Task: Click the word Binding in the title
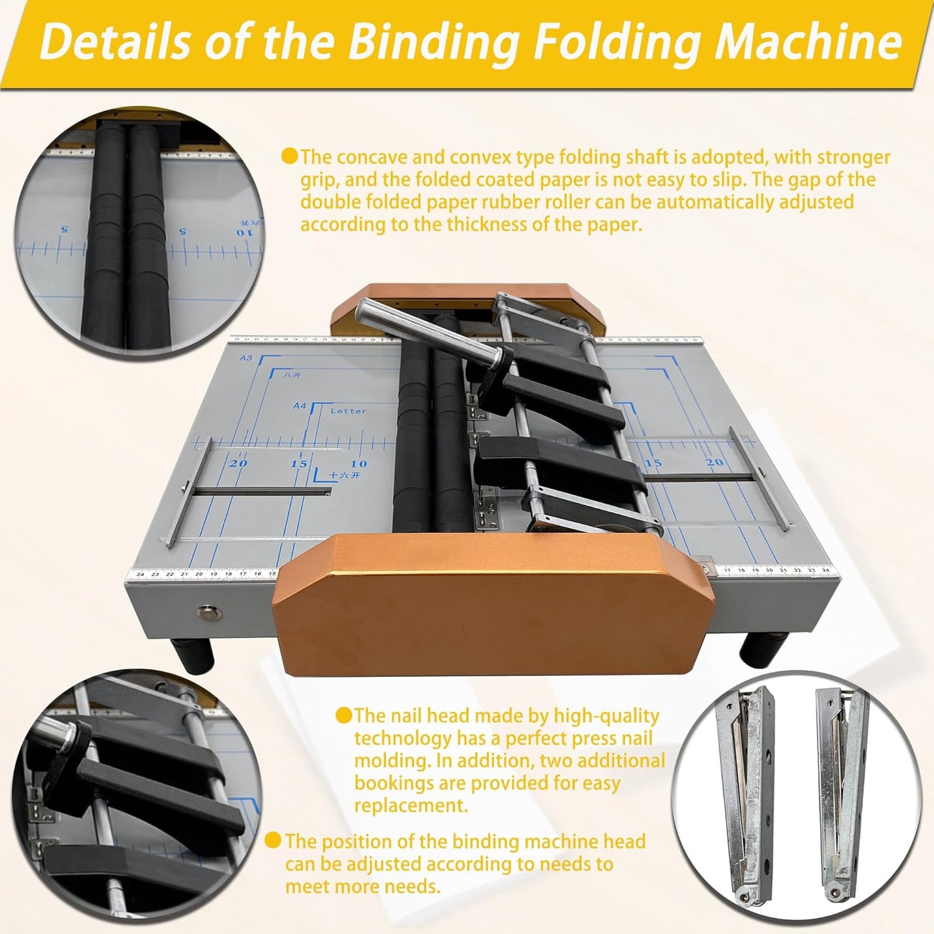pos(434,42)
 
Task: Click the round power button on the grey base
pos(208,610)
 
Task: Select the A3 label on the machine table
pos(246,357)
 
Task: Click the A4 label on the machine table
pos(299,406)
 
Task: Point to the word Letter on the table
pos(348,411)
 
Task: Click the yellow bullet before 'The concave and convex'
pos(290,156)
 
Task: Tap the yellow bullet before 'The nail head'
pos(344,715)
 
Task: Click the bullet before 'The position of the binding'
pos(274,840)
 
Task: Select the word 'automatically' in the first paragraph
pos(715,202)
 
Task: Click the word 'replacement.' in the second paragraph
pos(410,806)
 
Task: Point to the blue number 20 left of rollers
pos(238,463)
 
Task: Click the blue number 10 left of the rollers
pos(358,463)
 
